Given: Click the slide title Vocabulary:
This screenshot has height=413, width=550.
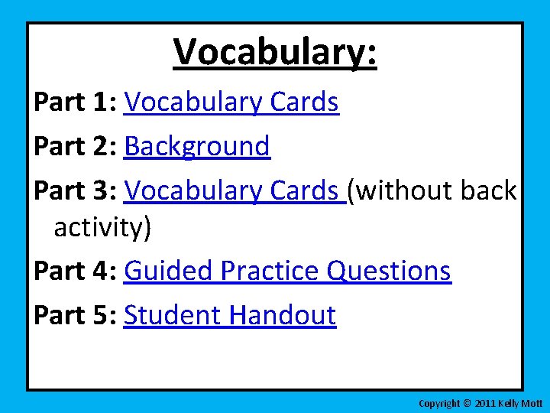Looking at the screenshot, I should pos(275,52).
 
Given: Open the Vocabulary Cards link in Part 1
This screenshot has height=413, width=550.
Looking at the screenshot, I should pos(231,102).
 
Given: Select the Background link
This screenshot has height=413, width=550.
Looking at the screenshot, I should pos(197,146).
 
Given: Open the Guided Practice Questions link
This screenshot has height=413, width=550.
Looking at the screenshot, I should pos(287,270).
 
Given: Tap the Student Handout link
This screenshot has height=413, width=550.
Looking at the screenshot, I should pos(229,314).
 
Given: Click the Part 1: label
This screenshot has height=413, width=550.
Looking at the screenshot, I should pos(74,102).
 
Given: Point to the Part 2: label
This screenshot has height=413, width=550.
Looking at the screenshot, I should pos(74,146).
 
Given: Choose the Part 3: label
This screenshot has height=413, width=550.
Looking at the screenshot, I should pos(74,190).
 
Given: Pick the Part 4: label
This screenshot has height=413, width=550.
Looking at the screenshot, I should pos(74,270).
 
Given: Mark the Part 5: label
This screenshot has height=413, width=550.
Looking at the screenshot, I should pos(74,314).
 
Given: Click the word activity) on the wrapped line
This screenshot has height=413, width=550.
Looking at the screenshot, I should pos(103,227).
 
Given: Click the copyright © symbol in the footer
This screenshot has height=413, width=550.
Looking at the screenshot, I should pos(467,403).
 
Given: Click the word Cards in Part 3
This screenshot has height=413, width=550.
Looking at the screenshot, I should pos(306,190).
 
